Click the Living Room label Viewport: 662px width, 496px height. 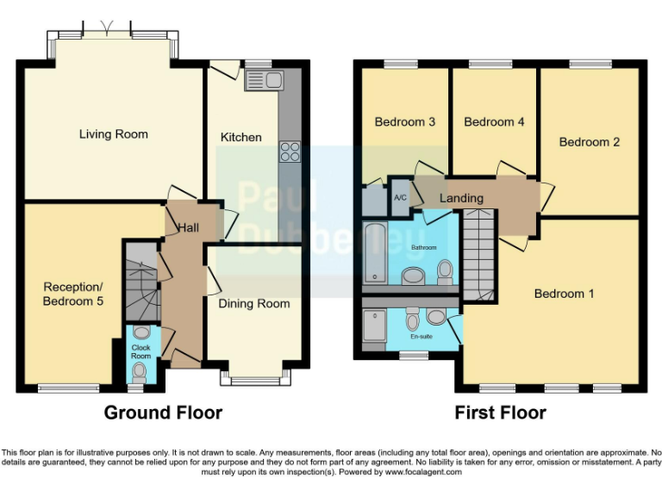(113, 133)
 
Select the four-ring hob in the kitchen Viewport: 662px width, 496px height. (289, 152)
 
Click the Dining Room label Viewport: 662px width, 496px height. (253, 303)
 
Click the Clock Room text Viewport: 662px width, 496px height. (141, 352)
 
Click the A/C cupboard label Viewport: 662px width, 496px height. (400, 197)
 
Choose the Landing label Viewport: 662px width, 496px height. (461, 198)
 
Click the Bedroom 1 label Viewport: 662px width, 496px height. (564, 294)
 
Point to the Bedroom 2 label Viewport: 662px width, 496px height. (589, 142)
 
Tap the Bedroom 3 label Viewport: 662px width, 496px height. (404, 121)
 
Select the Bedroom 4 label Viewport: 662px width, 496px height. (494, 121)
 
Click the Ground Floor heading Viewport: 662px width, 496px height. (163, 412)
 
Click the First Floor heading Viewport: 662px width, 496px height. (500, 412)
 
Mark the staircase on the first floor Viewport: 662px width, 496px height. (480, 256)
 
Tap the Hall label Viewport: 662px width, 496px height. (189, 226)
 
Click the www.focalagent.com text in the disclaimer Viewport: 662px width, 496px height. (422, 472)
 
